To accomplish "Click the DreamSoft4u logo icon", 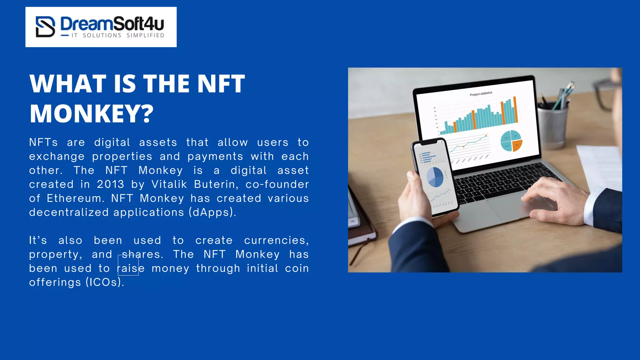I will click(45, 27).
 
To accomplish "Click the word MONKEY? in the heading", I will click(92, 113).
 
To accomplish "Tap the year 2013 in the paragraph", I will click(110, 184).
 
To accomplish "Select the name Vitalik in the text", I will click(169, 184).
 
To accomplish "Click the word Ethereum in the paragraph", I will click(75, 198).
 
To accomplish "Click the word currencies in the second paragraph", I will click(276, 240).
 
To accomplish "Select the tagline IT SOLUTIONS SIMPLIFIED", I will click(118, 36).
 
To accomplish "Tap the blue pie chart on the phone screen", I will click(435, 177).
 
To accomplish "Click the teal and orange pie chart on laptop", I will click(511, 141).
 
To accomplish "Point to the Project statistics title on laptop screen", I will click(481, 94).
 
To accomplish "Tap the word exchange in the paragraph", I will click(57, 157).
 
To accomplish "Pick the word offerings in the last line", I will click(55, 282).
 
